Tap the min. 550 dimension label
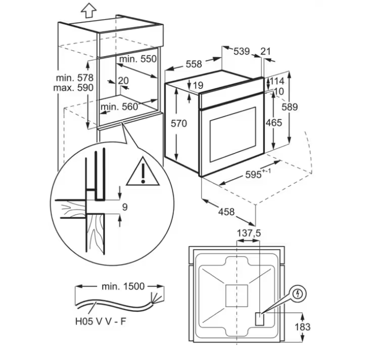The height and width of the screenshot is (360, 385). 138,59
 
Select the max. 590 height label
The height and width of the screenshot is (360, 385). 73,88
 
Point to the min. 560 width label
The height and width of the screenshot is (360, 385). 119,107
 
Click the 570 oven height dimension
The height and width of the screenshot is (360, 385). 179,123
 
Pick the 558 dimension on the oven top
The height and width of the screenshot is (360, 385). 194,64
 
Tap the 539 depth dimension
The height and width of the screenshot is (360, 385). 241,51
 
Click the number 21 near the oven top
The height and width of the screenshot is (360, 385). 265,51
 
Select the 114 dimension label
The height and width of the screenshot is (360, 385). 277,81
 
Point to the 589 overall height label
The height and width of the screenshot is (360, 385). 290,107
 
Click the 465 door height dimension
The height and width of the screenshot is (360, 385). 274,123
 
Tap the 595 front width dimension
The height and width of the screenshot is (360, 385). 258,174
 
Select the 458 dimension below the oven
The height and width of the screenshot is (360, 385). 226,212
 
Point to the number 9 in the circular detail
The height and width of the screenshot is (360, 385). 125,207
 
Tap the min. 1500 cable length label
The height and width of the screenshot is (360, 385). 123,287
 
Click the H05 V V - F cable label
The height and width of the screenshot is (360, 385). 101,321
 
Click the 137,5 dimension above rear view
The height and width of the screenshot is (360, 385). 249,233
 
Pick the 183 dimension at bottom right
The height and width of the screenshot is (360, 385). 302,327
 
